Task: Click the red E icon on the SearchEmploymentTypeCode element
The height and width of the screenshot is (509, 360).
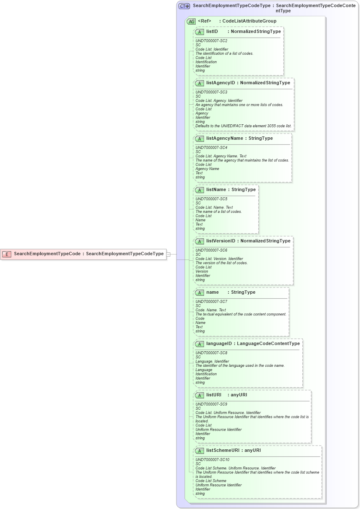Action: pyautogui.click(x=7, y=254)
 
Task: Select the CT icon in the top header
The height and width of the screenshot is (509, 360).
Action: pyautogui.click(x=184, y=6)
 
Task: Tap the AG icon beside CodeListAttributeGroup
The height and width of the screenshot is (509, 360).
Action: pyautogui.click(x=191, y=21)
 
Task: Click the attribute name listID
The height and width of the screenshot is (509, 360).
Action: pyautogui.click(x=212, y=32)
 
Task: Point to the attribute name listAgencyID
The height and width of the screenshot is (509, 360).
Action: pyautogui.click(x=220, y=83)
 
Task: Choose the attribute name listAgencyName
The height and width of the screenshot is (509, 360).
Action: pyautogui.click(x=224, y=139)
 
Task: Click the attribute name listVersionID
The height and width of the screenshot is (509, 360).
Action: pyautogui.click(x=221, y=241)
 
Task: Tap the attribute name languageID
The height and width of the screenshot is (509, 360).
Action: pyautogui.click(x=220, y=344)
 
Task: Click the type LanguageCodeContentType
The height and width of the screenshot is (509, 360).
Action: pyautogui.click(x=268, y=344)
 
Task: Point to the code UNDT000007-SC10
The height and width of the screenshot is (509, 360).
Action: pyautogui.click(x=212, y=460)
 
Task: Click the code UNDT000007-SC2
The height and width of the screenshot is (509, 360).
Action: pyautogui.click(x=211, y=41)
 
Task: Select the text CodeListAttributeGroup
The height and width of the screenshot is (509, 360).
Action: pyautogui.click(x=249, y=21)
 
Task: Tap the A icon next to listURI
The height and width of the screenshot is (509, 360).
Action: pyautogui.click(x=199, y=395)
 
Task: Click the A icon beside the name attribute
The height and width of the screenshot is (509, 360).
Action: pyautogui.click(x=199, y=292)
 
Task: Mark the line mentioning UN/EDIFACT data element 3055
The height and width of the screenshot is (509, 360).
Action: pyautogui.click(x=243, y=126)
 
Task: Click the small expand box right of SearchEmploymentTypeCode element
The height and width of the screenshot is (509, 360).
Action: pyautogui.click(x=169, y=254)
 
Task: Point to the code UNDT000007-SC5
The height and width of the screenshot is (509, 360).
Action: pyautogui.click(x=211, y=199)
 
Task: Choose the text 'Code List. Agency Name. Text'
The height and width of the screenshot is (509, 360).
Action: pyautogui.click(x=221, y=156)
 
